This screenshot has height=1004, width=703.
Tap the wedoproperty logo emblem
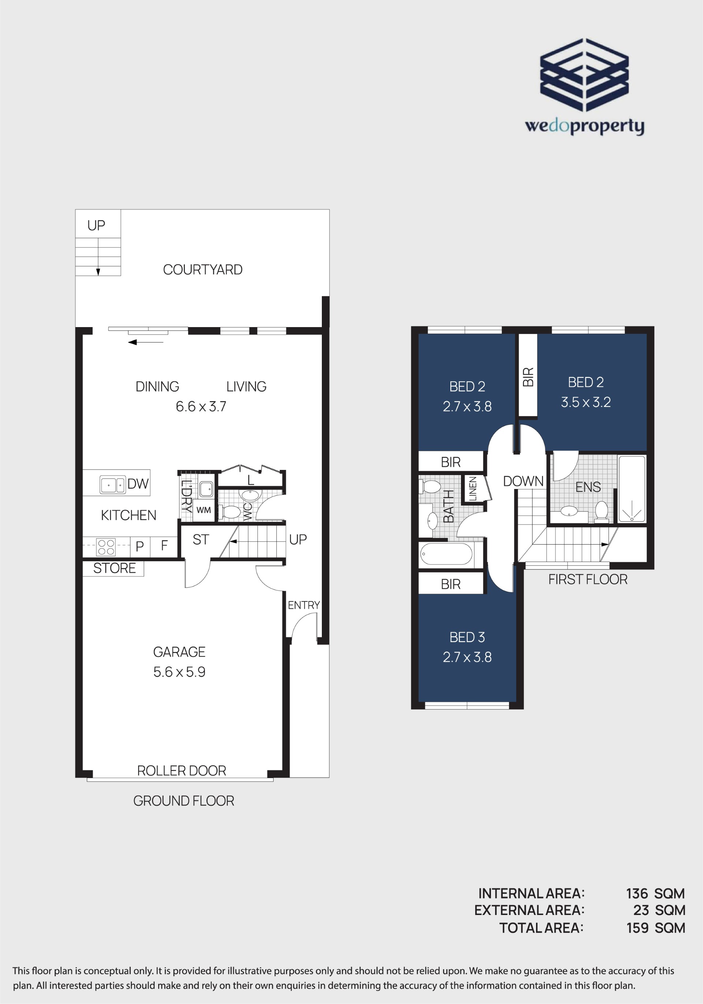584,75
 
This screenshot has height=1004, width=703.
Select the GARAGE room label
179,652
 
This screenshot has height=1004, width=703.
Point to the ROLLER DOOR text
182,771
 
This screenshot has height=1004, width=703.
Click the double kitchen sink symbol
113,485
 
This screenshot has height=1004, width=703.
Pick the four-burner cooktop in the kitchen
106,547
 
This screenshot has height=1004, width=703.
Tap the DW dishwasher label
138,484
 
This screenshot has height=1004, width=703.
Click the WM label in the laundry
203,510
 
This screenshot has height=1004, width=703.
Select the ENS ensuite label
588,487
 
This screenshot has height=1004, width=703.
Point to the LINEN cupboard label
473,488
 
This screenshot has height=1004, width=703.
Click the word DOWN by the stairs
523,481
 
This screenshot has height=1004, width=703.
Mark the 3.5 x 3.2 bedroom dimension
586,402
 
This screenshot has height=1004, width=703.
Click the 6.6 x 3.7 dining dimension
201,406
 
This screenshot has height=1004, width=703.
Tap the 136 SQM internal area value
655,893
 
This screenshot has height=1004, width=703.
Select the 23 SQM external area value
659,911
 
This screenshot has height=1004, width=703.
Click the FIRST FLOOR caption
588,579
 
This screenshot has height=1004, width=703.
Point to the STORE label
114,568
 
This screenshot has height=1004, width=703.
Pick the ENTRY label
304,605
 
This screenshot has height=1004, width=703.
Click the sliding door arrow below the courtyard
146,342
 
